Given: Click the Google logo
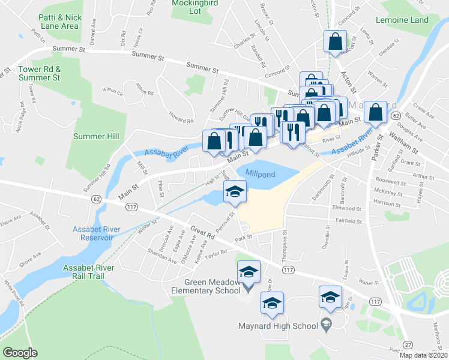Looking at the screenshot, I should click(x=20, y=353).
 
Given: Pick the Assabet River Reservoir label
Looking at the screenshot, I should click(x=92, y=233).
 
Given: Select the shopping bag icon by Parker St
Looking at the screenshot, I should click(x=375, y=112).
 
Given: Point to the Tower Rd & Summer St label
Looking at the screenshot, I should click(x=39, y=73).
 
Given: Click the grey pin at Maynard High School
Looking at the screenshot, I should click(x=326, y=322).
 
